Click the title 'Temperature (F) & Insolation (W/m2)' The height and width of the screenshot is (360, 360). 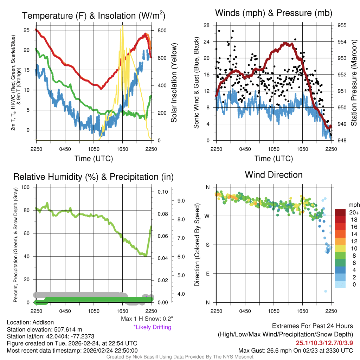click(x=94, y=15)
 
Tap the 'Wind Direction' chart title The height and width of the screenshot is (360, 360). click(x=274, y=175)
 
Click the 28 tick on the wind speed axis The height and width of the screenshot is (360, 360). click(x=207, y=25)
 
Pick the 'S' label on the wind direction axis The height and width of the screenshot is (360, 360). click(x=207, y=245)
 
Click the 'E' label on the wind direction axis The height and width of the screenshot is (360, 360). click(x=207, y=274)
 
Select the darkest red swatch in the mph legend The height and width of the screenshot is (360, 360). click(x=340, y=212)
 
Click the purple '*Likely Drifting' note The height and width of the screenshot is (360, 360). click(x=152, y=327)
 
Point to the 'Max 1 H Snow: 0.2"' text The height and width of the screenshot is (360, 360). click(x=147, y=319)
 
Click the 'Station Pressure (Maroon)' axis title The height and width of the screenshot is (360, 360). click(x=354, y=83)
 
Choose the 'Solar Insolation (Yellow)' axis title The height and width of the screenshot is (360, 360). click(x=174, y=83)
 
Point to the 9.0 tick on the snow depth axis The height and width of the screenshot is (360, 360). click(x=180, y=201)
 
